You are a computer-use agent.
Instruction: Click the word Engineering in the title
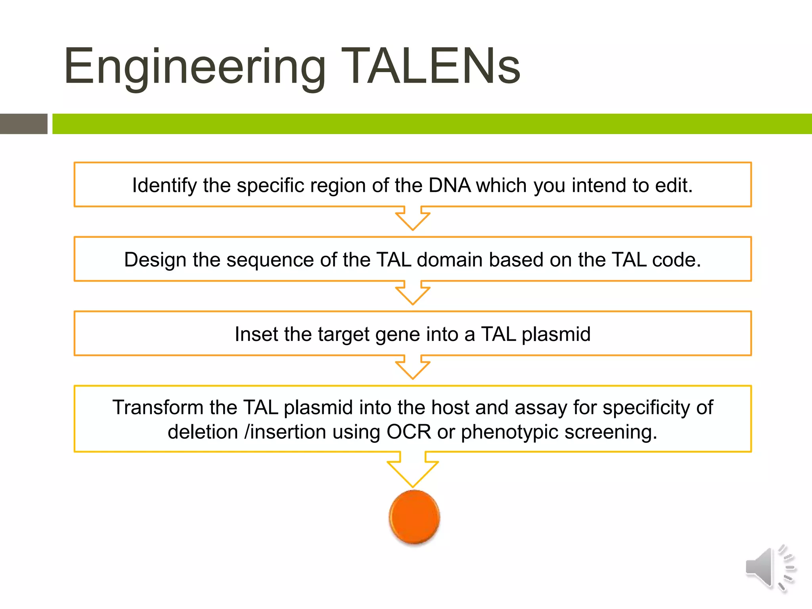click(x=195, y=67)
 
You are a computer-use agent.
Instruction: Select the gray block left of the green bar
click(x=23, y=124)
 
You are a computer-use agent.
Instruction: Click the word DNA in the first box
click(x=449, y=185)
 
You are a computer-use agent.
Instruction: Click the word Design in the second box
click(x=155, y=260)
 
